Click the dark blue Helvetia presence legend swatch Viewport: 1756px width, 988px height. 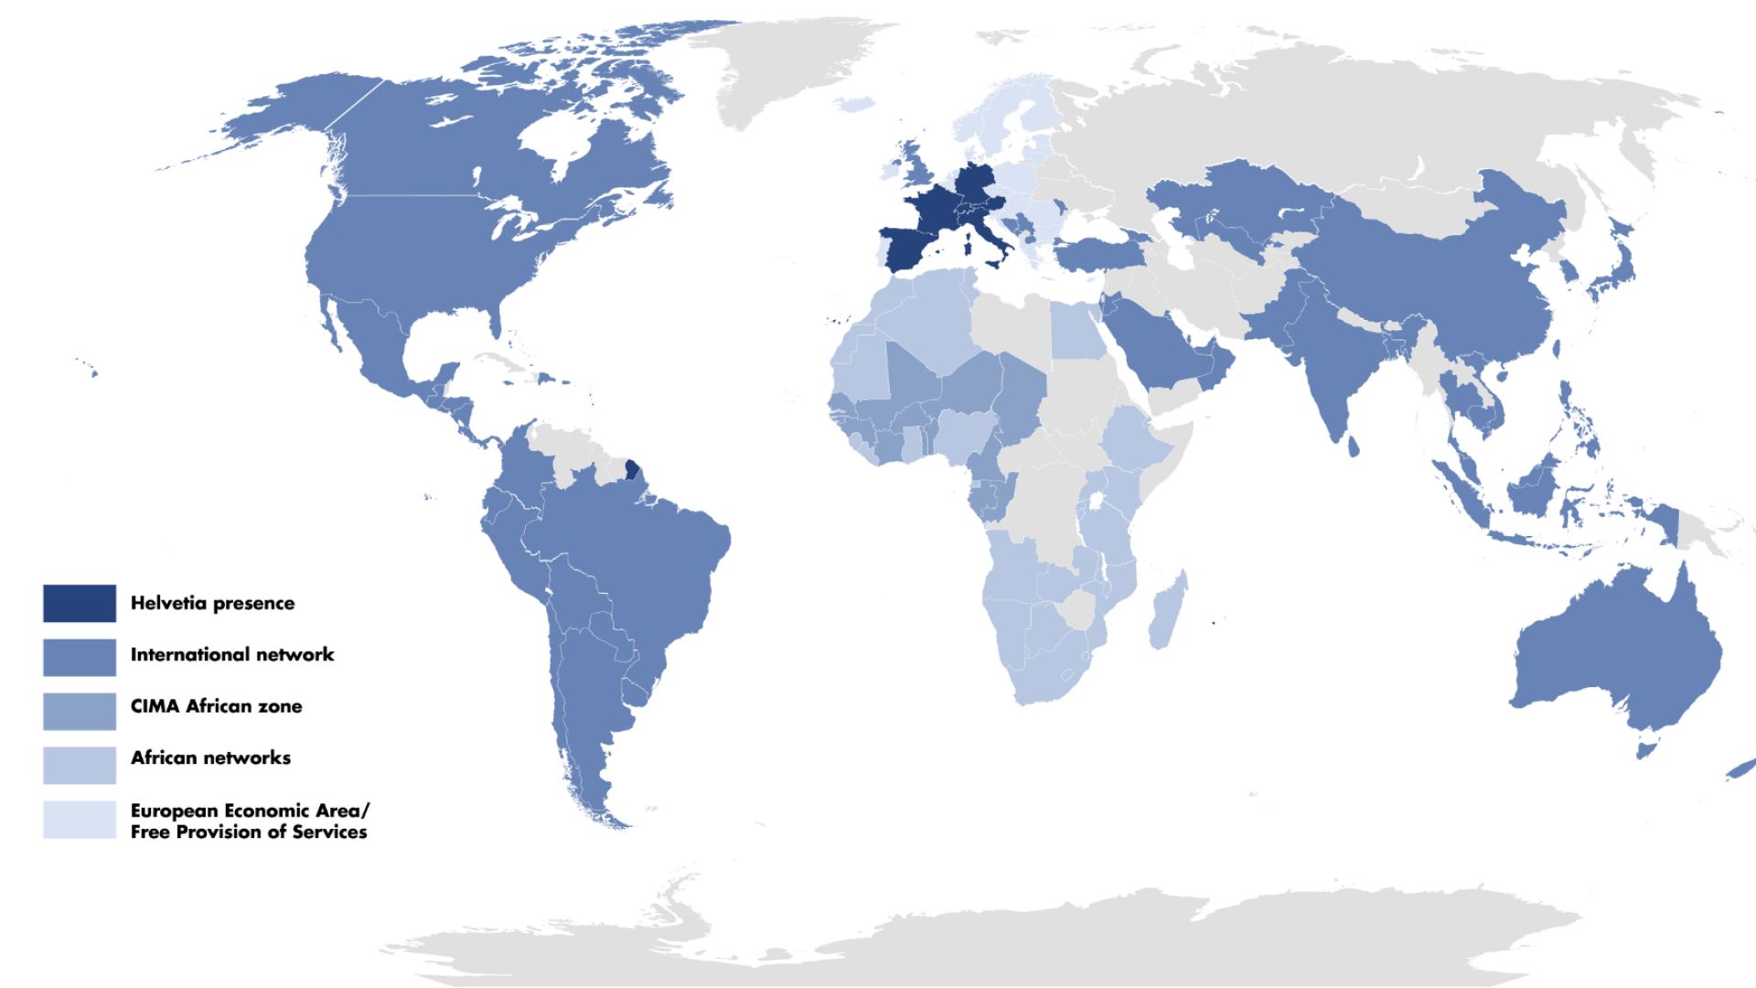tap(80, 603)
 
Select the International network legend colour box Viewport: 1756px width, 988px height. tap(80, 657)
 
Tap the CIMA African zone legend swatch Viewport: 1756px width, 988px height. tap(80, 711)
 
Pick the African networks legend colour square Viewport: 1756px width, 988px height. tap(80, 765)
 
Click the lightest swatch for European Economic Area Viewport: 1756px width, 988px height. tap(80, 820)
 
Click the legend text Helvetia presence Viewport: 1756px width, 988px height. tap(212, 603)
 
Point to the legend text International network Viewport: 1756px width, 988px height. tap(232, 654)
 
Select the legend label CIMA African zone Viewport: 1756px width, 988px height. tap(216, 706)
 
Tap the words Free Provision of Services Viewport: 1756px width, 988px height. tap(249, 832)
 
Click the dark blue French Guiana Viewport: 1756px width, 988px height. tap(631, 470)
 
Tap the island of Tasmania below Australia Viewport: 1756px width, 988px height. tap(1646, 751)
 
